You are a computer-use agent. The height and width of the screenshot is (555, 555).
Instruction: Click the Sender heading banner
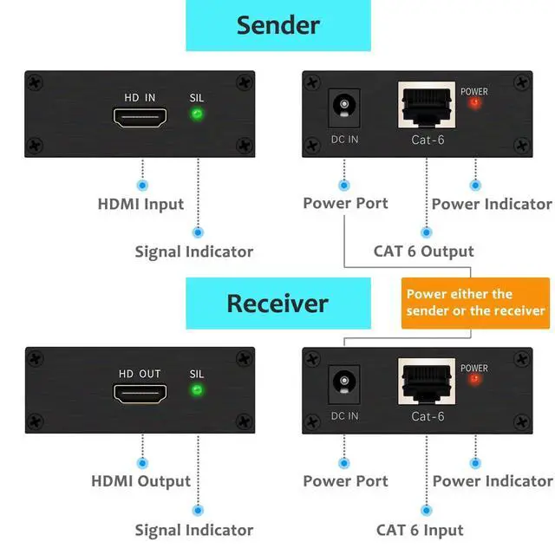tap(277, 24)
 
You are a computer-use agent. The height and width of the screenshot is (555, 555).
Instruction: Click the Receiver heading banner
tap(277, 304)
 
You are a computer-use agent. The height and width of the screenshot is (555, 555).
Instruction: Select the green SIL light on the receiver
tap(197, 389)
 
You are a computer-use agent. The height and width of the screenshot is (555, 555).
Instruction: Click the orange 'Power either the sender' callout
tap(476, 303)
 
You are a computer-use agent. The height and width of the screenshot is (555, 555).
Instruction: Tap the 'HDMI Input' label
tap(140, 205)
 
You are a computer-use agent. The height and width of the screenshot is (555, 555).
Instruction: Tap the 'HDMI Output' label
tap(140, 480)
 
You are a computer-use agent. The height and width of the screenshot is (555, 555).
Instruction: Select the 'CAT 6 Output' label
tap(423, 251)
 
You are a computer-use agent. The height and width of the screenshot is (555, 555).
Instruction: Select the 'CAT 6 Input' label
tap(420, 530)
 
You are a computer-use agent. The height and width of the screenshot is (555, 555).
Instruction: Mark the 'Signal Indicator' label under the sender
tap(193, 251)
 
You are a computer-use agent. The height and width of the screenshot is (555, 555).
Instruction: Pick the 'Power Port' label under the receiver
tap(345, 480)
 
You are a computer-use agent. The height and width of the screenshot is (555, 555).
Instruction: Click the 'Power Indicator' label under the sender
tap(492, 205)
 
